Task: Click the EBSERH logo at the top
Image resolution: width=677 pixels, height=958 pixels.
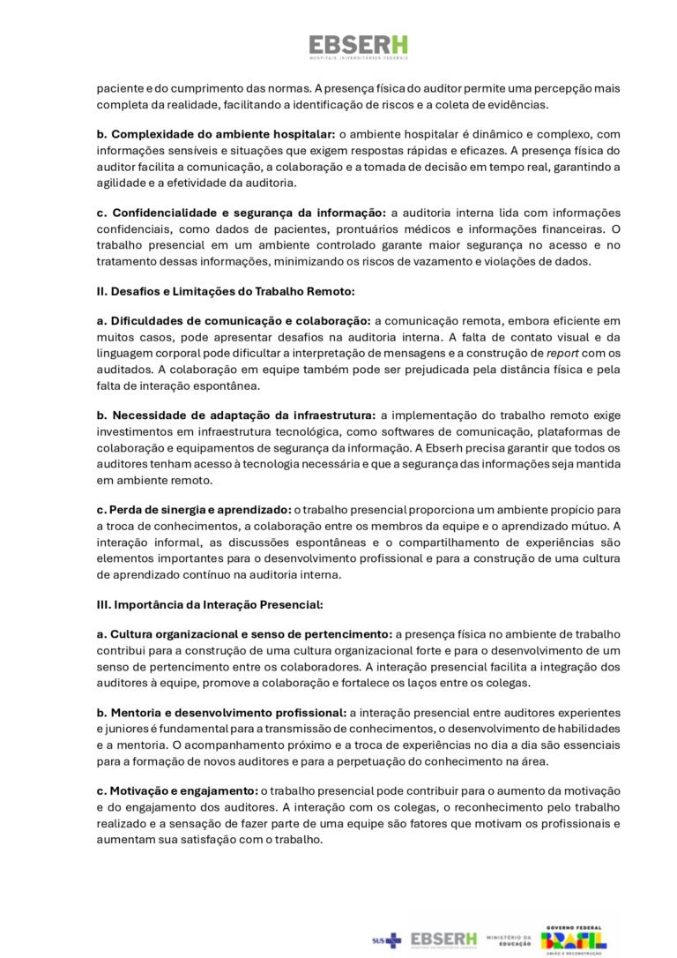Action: tap(358, 47)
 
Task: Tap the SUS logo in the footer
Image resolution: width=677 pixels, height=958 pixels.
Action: tap(386, 940)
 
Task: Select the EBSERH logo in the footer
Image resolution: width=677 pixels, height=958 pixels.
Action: tap(443, 939)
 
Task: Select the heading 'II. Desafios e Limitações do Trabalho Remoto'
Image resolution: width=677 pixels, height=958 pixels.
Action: tap(227, 290)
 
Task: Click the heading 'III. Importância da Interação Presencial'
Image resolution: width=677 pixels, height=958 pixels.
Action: tap(210, 604)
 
